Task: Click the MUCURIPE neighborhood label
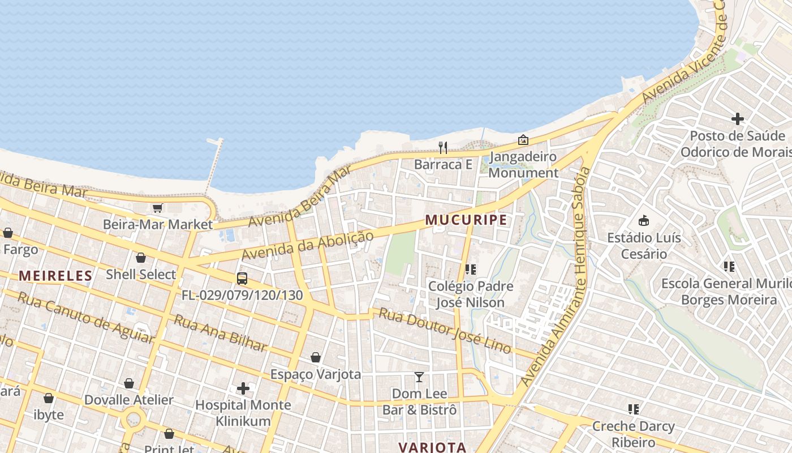tap(466, 220)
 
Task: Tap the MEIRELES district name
tap(55, 276)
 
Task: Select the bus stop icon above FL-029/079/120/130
tap(242, 279)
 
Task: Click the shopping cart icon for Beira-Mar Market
tap(158, 208)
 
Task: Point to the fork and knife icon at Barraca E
tap(443, 148)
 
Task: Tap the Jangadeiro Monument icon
tap(523, 139)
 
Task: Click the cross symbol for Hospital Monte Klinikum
tap(243, 388)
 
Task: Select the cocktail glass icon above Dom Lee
tap(419, 377)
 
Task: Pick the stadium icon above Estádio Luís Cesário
tap(644, 220)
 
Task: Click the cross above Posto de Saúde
tap(738, 119)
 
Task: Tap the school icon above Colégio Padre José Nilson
tap(471, 270)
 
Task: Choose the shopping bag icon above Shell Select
tap(141, 258)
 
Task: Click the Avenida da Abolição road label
tap(308, 245)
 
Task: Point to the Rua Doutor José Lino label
tap(445, 331)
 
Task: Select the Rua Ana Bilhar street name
tap(220, 333)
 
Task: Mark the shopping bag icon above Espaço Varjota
tap(316, 358)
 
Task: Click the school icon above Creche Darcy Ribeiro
tap(634, 409)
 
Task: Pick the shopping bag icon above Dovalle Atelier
tap(129, 384)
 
